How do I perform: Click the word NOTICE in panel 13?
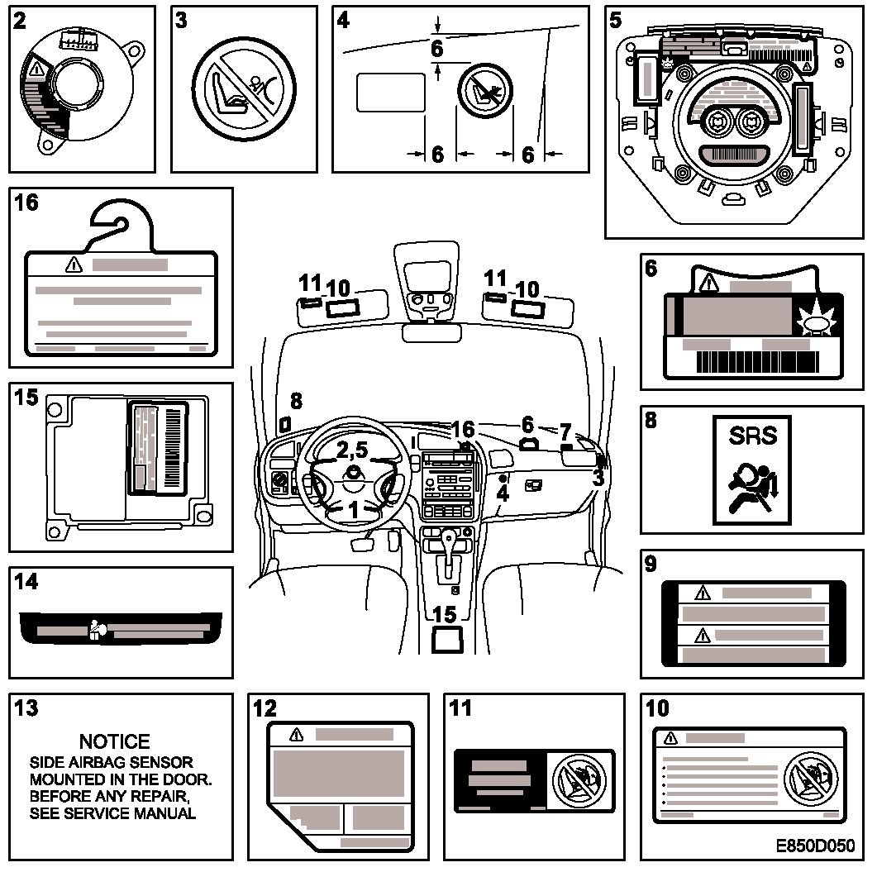[114, 741]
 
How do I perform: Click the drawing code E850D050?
[815, 848]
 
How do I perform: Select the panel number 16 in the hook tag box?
[26, 203]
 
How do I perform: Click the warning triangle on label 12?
[296, 734]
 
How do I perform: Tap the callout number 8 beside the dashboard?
[296, 402]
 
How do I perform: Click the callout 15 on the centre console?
[444, 614]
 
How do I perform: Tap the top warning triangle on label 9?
[703, 593]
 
